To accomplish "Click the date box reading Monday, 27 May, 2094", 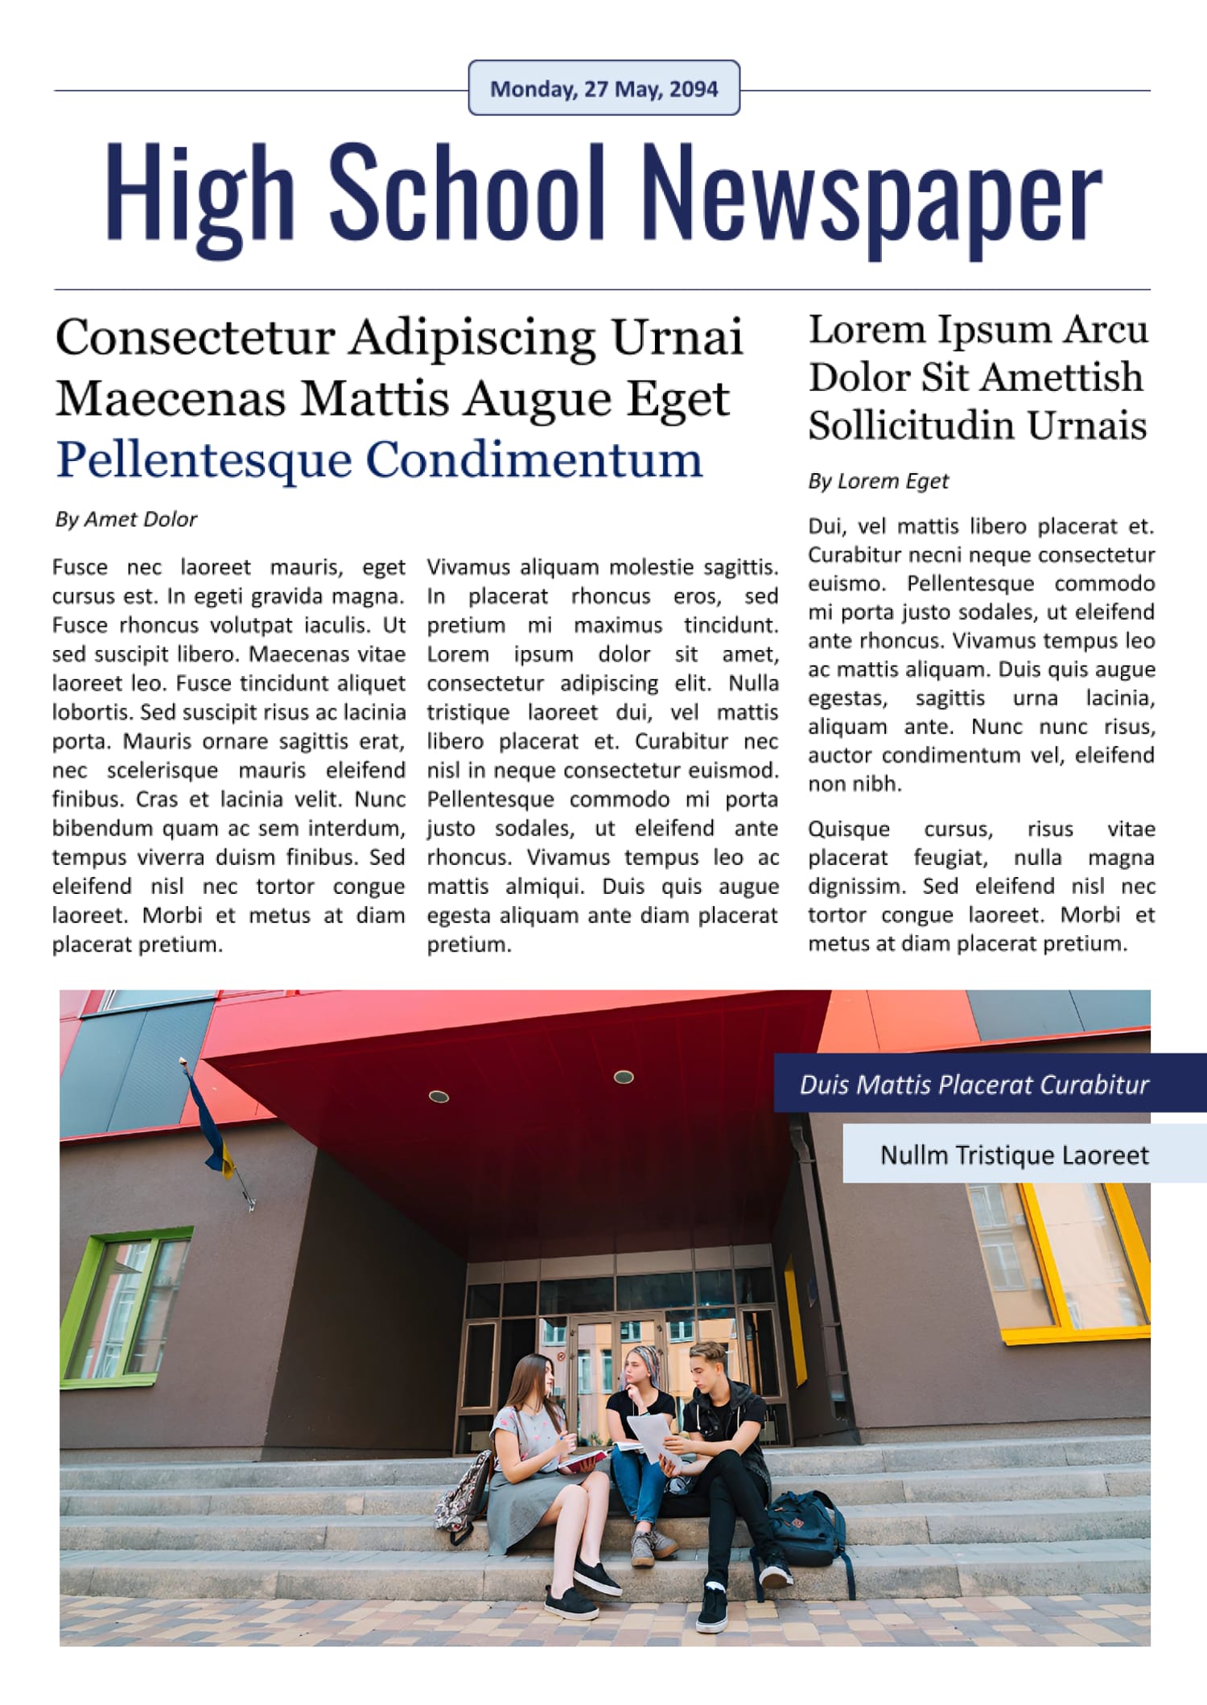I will tap(603, 89).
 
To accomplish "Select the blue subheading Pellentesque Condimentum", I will tap(379, 459).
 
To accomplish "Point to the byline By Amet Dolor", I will tap(126, 520).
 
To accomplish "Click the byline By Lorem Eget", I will tap(878, 481).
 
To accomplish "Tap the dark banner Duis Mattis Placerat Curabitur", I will tap(974, 1085).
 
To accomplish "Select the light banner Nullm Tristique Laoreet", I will tap(1014, 1155).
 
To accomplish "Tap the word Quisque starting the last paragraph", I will tap(848, 830).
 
